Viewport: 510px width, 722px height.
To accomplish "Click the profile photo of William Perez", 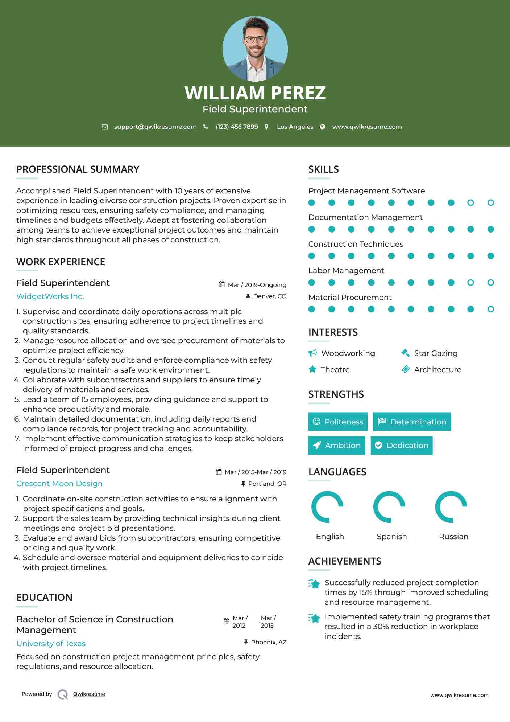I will point(255,49).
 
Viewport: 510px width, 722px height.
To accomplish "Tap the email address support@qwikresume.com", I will point(155,127).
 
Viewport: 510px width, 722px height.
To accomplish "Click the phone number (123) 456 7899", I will point(237,127).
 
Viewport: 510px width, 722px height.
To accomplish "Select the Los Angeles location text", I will point(295,127).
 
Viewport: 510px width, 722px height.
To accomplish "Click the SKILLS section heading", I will point(323,169).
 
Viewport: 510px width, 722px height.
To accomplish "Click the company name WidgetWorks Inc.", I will point(50,296).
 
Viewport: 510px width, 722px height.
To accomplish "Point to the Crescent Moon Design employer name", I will point(59,484).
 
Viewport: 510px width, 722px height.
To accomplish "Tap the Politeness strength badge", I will point(337,422).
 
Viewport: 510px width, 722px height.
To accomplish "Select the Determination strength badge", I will point(412,422).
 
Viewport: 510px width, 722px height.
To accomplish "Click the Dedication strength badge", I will point(401,445).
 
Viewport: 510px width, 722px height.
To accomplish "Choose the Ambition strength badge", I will point(336,445).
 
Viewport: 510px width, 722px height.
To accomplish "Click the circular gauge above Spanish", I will point(389,506).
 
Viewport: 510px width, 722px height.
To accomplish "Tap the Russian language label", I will point(453,536).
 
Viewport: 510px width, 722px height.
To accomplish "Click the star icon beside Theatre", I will point(312,369).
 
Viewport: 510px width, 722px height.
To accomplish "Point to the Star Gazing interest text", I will point(436,353).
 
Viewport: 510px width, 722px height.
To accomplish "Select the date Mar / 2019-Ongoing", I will point(257,285).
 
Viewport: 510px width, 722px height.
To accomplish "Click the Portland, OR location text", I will point(267,484).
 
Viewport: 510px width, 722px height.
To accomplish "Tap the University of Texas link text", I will point(51,643).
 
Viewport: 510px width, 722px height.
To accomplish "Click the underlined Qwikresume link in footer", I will point(89,694).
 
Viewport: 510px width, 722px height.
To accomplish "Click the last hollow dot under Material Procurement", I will point(490,309).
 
